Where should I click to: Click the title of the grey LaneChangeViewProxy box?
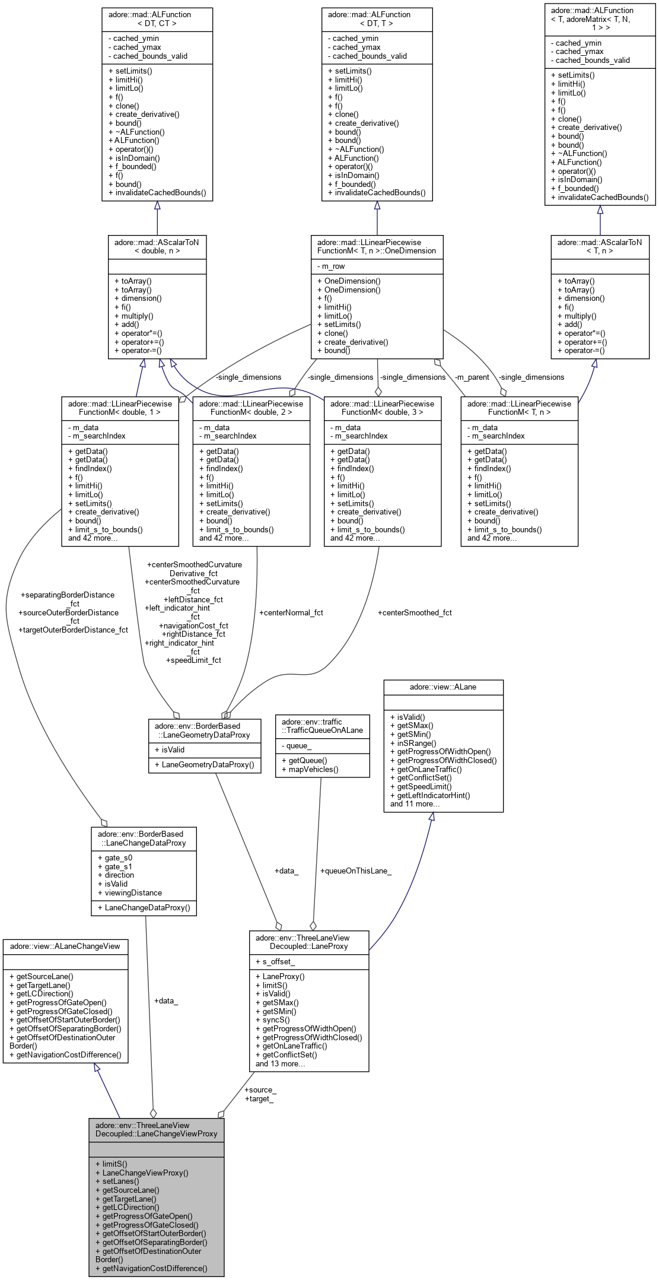(x=156, y=1129)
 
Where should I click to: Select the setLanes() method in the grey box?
(x=120, y=1181)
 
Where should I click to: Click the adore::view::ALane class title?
(x=443, y=687)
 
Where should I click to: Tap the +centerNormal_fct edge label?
(x=291, y=612)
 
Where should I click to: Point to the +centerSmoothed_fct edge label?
(x=415, y=612)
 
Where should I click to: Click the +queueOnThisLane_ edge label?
(x=355, y=871)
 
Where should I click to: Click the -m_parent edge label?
(x=472, y=377)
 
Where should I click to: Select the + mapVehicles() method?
(x=310, y=769)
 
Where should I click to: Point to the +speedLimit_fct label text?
(x=193, y=660)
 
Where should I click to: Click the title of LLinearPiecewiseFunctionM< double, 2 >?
(x=251, y=408)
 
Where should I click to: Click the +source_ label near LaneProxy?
(x=260, y=1090)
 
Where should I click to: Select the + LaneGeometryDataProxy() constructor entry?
(x=204, y=764)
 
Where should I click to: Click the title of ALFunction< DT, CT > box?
(x=157, y=18)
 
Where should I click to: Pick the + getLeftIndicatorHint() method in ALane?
(x=430, y=795)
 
